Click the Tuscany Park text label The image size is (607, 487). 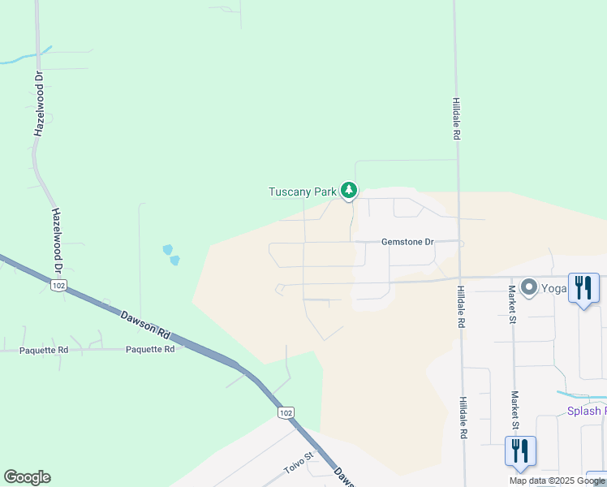coord(302,192)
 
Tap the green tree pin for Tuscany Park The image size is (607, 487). coord(349,191)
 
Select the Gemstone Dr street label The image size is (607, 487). coord(408,242)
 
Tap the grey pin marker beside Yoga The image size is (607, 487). coord(529,287)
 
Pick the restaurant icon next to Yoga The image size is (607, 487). coord(583,287)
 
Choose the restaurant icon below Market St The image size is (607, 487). coord(520,450)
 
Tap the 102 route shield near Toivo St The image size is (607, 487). coord(284,413)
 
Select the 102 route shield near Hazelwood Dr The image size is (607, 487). coord(58,286)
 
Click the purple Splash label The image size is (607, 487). coord(585,411)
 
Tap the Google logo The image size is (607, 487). coord(27,477)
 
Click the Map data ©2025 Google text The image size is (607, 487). coord(557,481)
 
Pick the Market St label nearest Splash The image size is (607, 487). coord(514,410)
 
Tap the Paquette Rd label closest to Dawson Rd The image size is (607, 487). coord(150,349)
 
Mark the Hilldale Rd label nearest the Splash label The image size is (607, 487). coord(462,417)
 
